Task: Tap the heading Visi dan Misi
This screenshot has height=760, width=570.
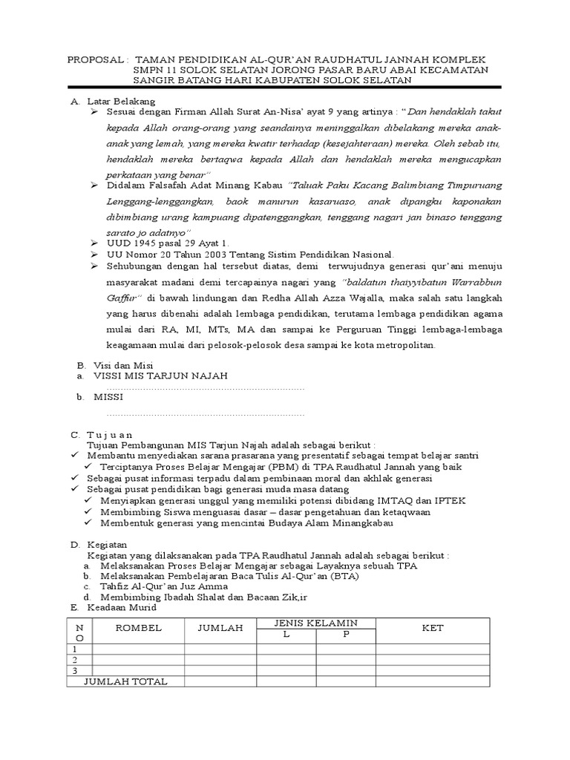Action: pos(122,366)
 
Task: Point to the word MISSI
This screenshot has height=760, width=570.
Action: pos(108,398)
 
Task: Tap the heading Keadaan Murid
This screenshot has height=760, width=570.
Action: pos(122,607)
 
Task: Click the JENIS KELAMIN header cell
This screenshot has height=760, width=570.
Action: pos(315,622)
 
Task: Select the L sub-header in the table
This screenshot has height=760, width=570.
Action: pos(286,634)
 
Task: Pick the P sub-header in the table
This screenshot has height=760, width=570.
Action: pos(344,634)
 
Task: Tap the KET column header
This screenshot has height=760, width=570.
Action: pos(432,628)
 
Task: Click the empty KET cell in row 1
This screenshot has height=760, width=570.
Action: pos(432,648)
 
